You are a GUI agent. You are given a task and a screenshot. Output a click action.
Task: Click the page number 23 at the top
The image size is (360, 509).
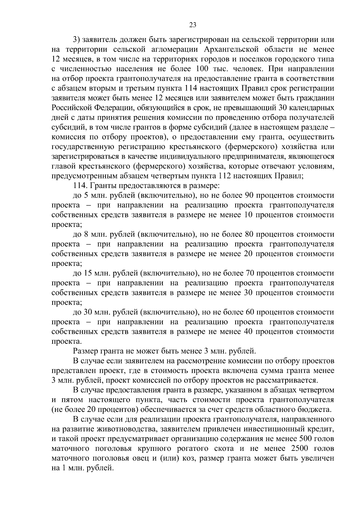click(193, 25)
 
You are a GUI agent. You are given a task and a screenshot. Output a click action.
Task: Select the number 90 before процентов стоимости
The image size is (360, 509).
click(250, 196)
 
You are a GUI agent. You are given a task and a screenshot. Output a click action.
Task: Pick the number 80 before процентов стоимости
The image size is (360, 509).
click(250, 234)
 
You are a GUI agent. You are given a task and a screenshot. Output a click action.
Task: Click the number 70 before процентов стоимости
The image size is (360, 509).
click(250, 273)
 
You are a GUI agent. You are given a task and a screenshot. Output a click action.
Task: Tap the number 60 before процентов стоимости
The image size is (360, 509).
click(250, 312)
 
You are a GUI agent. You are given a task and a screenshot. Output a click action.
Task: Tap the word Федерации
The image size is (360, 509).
click(111, 108)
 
